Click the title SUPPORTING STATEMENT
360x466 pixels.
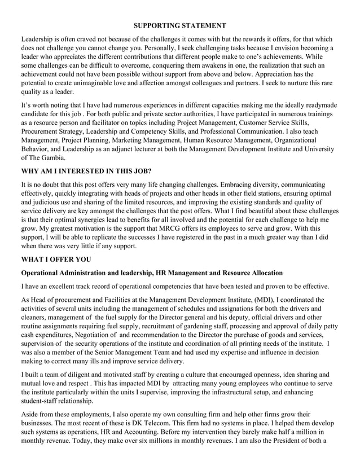(x=180, y=26)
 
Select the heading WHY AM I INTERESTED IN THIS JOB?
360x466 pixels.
(x=86, y=170)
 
